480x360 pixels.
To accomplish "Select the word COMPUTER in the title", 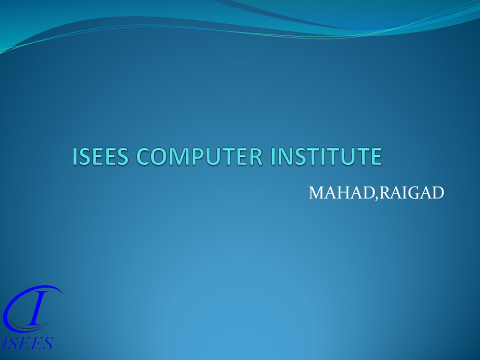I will click(200, 156).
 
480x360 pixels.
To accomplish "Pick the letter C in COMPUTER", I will click(144, 156).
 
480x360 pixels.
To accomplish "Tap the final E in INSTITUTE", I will click(376, 156).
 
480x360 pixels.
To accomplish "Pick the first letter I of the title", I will click(75, 156).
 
